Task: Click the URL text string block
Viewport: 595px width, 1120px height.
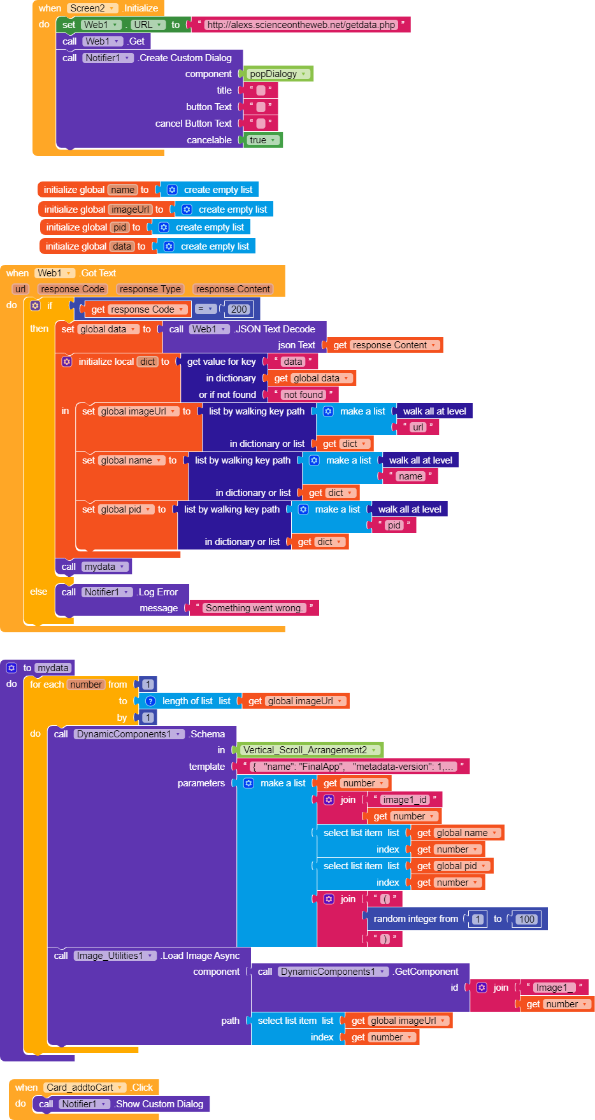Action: (301, 25)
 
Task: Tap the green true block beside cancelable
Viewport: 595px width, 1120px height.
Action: (262, 140)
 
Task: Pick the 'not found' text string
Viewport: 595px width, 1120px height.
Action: (303, 395)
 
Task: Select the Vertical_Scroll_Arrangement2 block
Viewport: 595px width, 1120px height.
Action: (310, 750)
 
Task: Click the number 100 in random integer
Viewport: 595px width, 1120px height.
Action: (527, 919)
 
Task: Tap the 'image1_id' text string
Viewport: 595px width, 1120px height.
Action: (405, 800)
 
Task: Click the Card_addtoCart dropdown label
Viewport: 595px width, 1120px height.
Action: (83, 1088)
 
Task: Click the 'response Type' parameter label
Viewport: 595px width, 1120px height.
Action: (150, 289)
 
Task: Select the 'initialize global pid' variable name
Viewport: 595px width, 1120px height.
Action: (120, 227)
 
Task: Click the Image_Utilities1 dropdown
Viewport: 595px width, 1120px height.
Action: (115, 956)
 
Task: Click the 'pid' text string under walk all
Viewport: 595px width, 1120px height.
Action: (394, 525)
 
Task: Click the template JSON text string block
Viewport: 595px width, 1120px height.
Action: (352, 767)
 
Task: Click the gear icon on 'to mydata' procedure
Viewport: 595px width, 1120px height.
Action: (11, 668)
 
